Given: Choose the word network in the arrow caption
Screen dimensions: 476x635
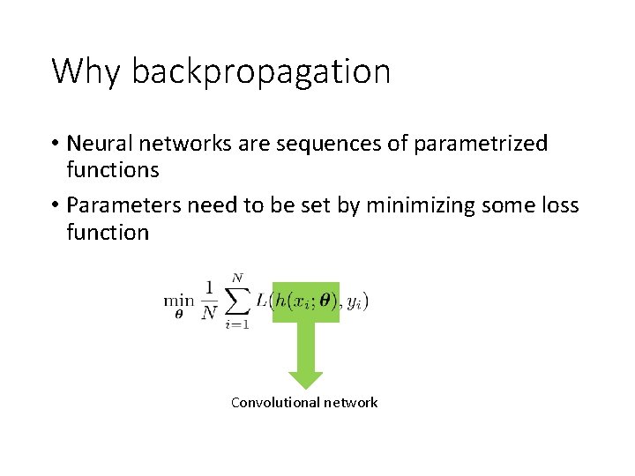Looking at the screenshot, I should [349, 403].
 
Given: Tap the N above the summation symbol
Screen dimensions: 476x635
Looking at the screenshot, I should [236, 279].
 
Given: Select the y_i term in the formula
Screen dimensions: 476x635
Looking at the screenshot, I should [355, 301].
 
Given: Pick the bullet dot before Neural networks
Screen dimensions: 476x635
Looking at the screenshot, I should [55, 144].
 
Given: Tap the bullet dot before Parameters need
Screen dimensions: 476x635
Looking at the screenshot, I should [55, 206].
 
